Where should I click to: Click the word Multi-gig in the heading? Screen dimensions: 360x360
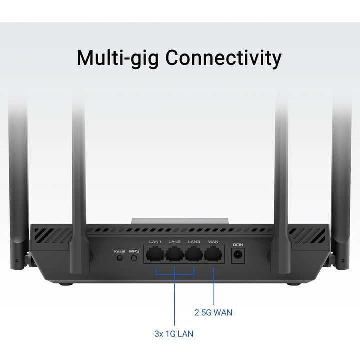[118, 58]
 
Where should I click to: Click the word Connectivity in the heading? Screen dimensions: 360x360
[223, 58]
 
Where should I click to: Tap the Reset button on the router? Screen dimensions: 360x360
[119, 258]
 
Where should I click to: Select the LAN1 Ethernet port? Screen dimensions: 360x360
[155, 254]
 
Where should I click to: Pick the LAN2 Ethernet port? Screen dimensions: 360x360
[174, 254]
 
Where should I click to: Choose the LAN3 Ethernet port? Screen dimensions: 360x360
[194, 254]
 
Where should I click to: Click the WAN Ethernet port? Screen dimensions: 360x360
[213, 254]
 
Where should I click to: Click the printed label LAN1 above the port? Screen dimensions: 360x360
[155, 242]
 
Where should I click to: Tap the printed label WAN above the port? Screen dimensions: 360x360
[213, 242]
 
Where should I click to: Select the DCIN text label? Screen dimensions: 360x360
[238, 245]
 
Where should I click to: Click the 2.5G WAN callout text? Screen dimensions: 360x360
[213, 312]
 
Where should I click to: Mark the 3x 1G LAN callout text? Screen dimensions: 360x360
[174, 334]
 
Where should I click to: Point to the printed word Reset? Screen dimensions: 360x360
[120, 251]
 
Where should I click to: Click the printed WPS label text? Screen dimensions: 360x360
[134, 251]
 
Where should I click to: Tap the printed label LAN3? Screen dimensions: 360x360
[194, 242]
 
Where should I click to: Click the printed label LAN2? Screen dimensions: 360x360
[174, 242]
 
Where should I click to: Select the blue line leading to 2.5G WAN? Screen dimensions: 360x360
[213, 286]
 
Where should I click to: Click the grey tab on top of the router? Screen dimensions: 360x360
[180, 221]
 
